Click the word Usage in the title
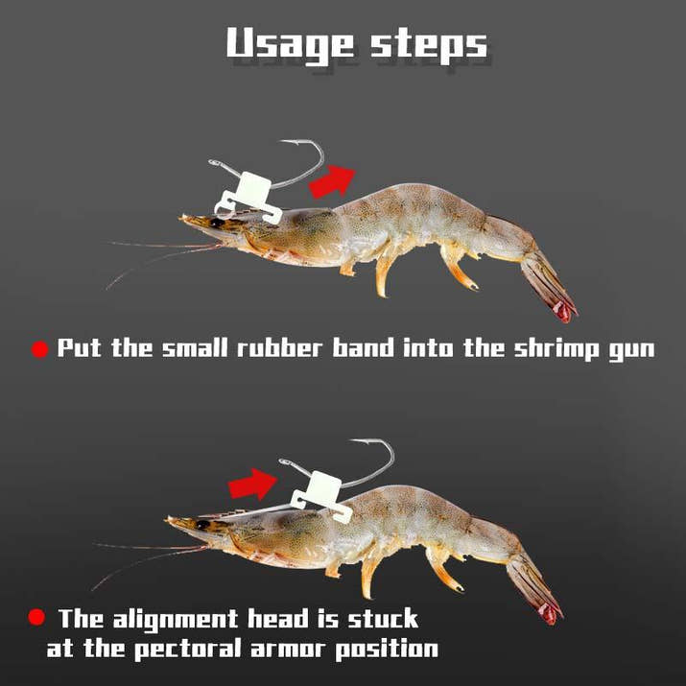289,43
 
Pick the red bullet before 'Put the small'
39,350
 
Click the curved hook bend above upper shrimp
316,154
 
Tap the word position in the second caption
384,650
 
